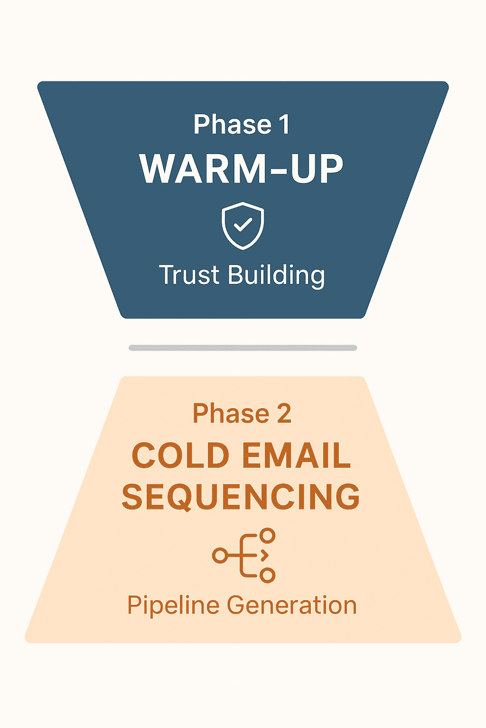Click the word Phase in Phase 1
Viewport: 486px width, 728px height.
click(233, 124)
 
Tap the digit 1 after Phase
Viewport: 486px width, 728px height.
click(284, 124)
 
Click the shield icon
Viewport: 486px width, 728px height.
click(243, 226)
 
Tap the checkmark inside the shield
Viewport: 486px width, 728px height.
click(243, 224)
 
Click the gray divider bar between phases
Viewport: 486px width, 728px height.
click(243, 348)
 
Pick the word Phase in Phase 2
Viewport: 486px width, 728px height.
click(231, 413)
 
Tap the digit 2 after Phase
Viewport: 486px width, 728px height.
click(284, 413)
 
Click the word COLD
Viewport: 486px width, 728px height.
click(181, 455)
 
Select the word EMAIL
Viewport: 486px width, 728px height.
click(297, 455)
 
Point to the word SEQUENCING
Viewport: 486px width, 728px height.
click(241, 496)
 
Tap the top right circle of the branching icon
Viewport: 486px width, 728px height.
click(267, 535)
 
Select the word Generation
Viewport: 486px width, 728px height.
click(292, 605)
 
